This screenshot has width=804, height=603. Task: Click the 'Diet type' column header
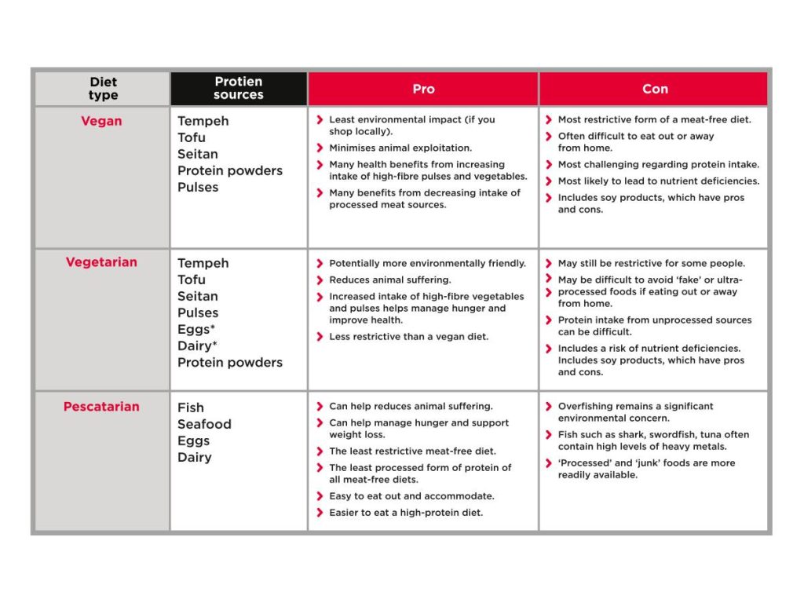point(103,89)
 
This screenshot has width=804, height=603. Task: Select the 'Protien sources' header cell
point(239,89)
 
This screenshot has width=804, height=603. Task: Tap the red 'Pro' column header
point(423,89)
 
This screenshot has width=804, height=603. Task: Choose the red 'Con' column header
point(655,89)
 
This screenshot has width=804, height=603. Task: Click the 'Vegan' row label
point(101,122)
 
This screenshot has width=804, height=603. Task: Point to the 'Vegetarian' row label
point(101,262)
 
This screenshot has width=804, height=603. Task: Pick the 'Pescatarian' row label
point(101,407)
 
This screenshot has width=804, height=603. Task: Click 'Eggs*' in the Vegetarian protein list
point(196,329)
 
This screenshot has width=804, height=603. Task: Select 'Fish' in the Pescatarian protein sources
point(191,407)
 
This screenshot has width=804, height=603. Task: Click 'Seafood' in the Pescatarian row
point(204,424)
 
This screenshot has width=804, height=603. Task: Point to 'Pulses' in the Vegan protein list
point(198,187)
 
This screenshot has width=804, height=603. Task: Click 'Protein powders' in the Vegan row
point(230,170)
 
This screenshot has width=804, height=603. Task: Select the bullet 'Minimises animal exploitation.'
point(400,148)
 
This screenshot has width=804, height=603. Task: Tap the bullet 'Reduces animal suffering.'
point(390,280)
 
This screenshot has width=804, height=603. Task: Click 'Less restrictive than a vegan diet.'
point(408,337)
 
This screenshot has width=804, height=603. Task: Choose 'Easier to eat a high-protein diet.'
point(406,513)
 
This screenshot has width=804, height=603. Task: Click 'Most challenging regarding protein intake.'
point(659,165)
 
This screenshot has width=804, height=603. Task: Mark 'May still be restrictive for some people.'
point(652,263)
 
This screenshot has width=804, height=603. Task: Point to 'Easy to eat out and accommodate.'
point(411,496)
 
